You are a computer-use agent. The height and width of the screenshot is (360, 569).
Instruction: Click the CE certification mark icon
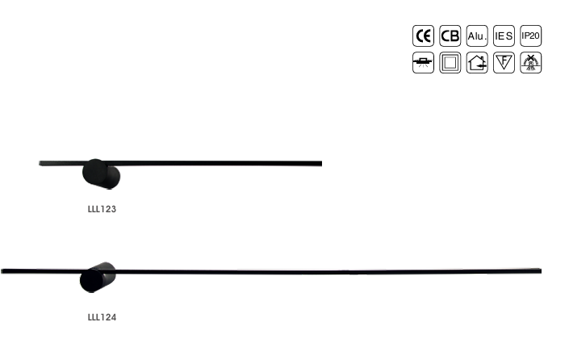(x=423, y=36)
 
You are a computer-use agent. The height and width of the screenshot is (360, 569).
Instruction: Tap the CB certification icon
(x=450, y=36)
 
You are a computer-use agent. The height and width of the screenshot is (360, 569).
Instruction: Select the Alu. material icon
(x=477, y=36)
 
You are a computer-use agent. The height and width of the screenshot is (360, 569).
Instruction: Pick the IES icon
(x=504, y=36)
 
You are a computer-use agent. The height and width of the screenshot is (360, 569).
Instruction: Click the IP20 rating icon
(x=530, y=36)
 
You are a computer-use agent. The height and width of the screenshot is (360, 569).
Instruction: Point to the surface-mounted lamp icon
(x=423, y=62)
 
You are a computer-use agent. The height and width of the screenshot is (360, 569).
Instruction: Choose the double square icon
(x=450, y=62)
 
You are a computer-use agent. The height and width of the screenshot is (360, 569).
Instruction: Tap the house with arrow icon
(x=477, y=62)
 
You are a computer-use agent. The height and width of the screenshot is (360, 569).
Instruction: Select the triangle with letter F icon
(x=504, y=62)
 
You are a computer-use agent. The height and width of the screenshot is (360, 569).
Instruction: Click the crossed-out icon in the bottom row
(x=530, y=62)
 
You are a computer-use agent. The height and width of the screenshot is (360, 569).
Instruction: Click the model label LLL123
(x=102, y=209)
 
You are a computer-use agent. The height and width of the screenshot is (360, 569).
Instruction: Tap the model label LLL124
(x=102, y=317)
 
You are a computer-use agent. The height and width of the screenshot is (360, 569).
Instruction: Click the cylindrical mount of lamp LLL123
(x=102, y=174)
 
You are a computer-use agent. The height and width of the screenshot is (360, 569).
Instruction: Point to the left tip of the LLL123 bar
(x=40, y=163)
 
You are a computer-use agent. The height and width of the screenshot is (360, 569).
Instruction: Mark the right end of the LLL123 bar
(x=320, y=164)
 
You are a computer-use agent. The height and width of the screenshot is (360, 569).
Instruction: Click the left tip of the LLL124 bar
(x=3, y=270)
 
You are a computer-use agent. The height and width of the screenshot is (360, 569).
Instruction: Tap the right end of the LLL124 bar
(x=539, y=271)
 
